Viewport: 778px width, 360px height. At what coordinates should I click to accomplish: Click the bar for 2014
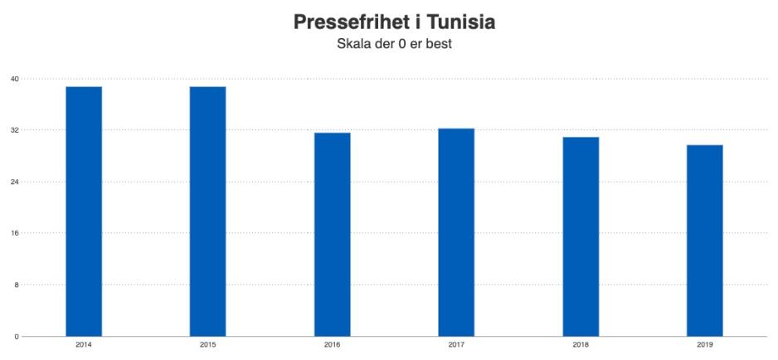(x=84, y=212)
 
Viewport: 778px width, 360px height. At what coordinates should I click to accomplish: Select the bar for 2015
(x=207, y=212)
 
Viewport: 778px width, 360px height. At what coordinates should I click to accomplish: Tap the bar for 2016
(x=332, y=235)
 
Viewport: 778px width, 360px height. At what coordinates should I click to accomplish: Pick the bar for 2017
(x=456, y=232)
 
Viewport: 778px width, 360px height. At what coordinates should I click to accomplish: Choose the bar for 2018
(x=581, y=236)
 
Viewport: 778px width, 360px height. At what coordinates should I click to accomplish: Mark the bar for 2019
(x=704, y=241)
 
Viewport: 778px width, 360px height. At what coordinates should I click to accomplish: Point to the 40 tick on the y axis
(x=14, y=79)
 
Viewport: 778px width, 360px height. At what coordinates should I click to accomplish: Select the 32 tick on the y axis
(x=14, y=130)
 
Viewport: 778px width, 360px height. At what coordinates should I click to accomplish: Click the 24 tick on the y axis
(x=14, y=182)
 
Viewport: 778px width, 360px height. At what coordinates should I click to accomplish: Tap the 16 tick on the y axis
(x=14, y=233)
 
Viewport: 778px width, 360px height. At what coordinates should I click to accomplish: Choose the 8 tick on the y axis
(x=16, y=285)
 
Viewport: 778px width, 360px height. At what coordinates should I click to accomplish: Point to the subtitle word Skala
(x=355, y=44)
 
